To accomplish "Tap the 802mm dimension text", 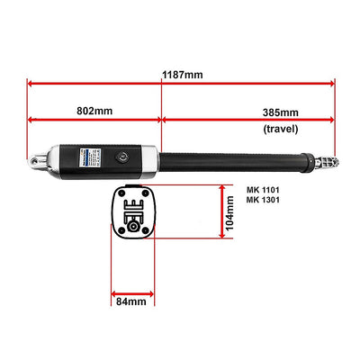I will (x=94, y=111).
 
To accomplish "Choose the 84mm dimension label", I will (x=131, y=301).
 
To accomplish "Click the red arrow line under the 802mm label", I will (x=94, y=119).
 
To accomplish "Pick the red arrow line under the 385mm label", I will (x=248, y=119).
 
